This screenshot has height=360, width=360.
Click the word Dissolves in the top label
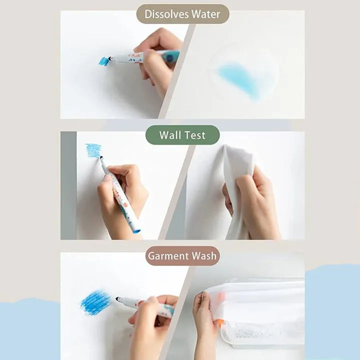tap(166, 14)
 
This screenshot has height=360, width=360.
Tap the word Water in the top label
tap(206, 14)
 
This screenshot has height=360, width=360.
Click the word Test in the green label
tap(194, 135)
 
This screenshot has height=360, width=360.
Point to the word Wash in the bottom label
tap(204, 256)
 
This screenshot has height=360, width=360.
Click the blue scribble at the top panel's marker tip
tap(104, 61)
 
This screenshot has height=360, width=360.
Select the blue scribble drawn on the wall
tap(93, 150)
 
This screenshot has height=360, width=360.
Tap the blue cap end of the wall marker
tap(136, 231)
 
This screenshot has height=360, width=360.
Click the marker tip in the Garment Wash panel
tap(118, 298)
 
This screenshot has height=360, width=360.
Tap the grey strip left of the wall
tap(68, 185)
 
